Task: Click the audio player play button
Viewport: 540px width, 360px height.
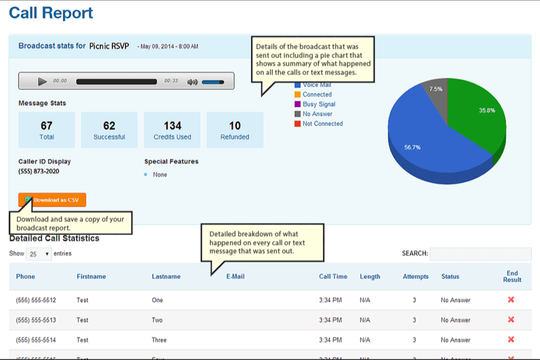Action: [x=42, y=81]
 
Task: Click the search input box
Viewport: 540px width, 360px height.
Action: [x=481, y=254]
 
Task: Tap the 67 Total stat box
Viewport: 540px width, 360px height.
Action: [x=47, y=130]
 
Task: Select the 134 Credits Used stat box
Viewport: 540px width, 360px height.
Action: [x=172, y=130]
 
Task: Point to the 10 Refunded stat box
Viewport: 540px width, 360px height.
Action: [x=235, y=130]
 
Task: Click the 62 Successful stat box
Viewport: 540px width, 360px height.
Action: [x=109, y=130]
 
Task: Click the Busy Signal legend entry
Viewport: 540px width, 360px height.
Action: [x=319, y=104]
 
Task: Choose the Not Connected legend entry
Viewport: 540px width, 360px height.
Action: [x=322, y=124]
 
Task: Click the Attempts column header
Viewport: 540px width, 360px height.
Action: [x=416, y=277]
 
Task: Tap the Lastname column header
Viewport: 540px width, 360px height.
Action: [x=166, y=277]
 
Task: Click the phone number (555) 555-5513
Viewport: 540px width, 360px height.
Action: [x=36, y=320]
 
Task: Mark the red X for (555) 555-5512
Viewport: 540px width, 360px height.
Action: [x=511, y=299]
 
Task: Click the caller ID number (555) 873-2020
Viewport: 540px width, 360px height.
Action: [x=39, y=172]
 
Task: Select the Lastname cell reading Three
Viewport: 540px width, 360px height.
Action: [x=159, y=340]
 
